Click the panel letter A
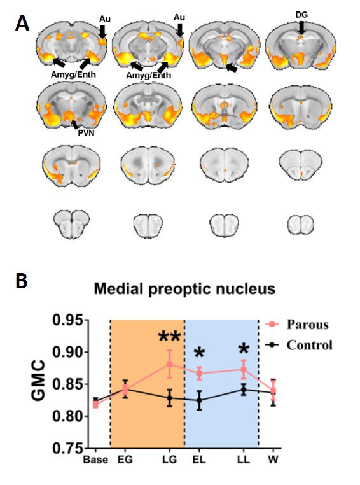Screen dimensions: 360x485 (x=22, y=23)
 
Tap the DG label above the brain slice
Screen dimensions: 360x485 (x=301, y=15)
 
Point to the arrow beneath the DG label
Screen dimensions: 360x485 (x=301, y=28)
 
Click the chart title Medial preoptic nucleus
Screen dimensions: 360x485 (x=184, y=289)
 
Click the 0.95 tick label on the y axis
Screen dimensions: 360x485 (x=67, y=320)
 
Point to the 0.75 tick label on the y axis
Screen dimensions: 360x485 (x=67, y=448)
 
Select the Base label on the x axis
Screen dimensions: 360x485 (x=95, y=460)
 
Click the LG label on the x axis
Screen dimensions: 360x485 (x=170, y=460)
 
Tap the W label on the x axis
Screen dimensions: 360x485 (x=273, y=460)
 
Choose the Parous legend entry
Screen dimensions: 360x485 (x=297, y=325)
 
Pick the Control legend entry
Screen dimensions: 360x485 (x=299, y=344)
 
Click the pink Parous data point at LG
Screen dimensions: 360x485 (x=170, y=364)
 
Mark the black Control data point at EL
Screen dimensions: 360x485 (x=199, y=400)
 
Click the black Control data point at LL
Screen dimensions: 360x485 (x=244, y=390)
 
